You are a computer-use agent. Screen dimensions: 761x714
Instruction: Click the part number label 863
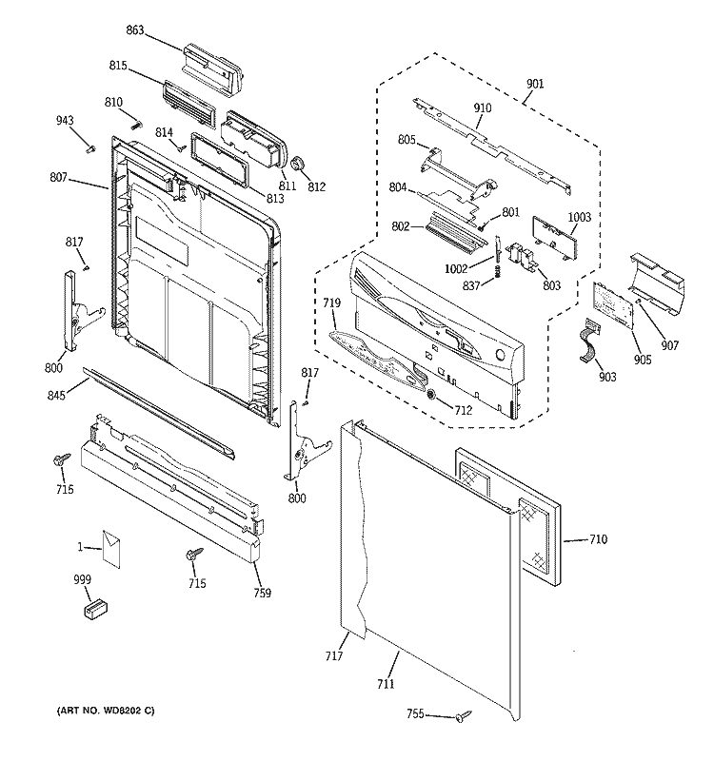134,30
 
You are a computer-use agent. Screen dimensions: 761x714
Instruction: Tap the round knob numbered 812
297,166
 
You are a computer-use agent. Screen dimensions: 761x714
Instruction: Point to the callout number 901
535,84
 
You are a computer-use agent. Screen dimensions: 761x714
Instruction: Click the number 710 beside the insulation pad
597,540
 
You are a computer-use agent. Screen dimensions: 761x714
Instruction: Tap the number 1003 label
579,218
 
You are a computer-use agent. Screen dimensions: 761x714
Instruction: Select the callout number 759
262,594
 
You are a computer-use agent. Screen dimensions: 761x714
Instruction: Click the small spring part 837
497,274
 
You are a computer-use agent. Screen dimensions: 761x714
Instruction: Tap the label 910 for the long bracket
483,108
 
